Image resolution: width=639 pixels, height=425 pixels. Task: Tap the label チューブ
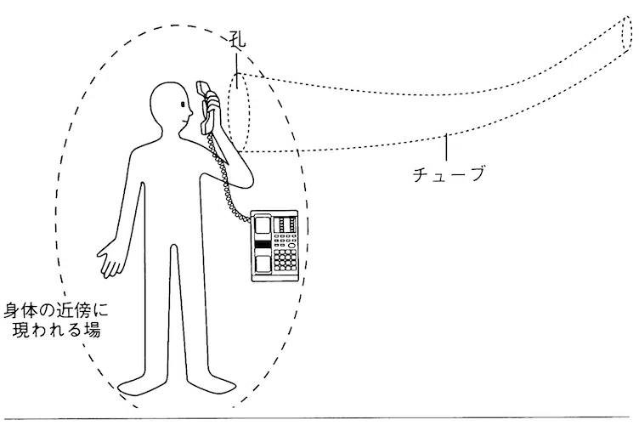(449, 174)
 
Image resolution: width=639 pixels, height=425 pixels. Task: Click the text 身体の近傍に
(57, 311)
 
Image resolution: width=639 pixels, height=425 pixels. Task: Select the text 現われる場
(57, 329)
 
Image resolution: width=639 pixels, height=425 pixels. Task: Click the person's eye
(183, 105)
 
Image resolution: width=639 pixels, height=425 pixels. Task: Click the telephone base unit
(274, 246)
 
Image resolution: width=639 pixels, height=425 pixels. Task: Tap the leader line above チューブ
(447, 147)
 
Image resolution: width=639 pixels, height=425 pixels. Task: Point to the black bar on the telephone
(263, 245)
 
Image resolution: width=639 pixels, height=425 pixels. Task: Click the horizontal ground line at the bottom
(318, 417)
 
